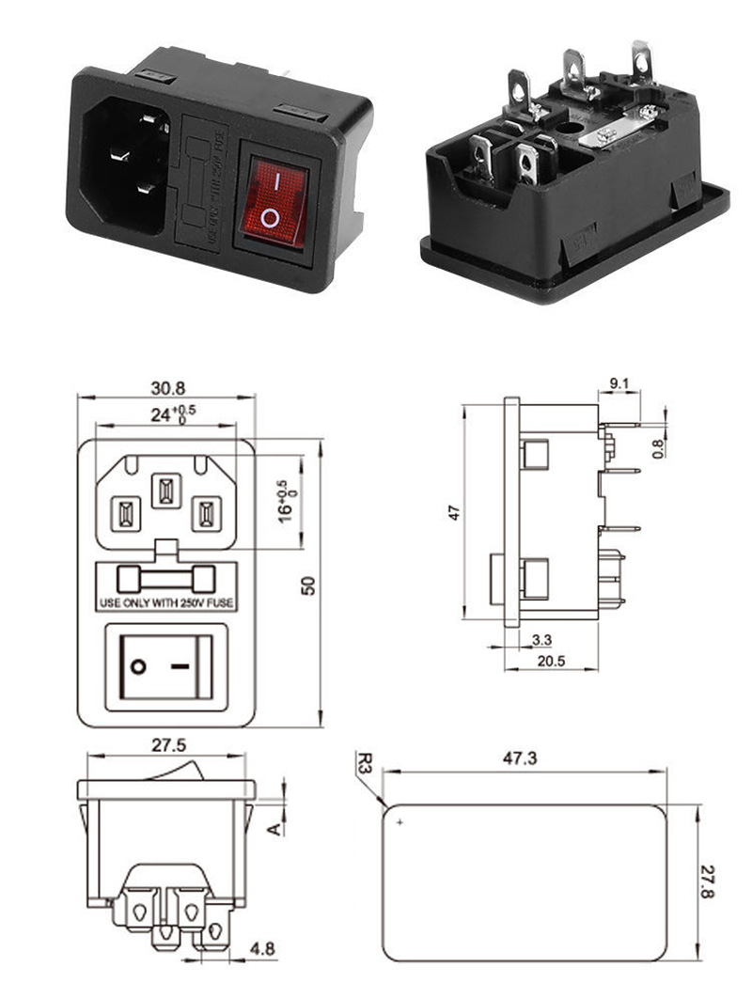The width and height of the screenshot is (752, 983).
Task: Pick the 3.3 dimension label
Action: pos(541,640)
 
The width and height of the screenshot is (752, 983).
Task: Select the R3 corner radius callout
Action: pos(365,761)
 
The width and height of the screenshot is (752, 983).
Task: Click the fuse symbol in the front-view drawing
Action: pos(165,576)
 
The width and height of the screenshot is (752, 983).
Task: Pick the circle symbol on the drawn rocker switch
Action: pos(139,667)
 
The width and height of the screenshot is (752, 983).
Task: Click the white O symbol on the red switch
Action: pos(271,219)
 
